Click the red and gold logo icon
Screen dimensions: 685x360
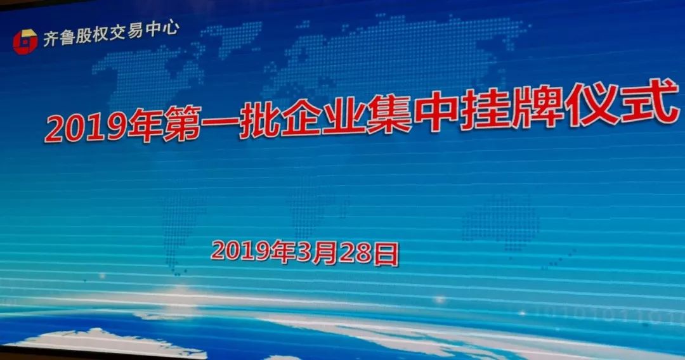[x=25, y=42]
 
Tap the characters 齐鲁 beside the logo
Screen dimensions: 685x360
[x=59, y=38]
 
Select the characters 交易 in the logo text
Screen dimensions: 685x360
[x=126, y=32]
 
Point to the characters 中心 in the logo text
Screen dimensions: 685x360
[x=162, y=29]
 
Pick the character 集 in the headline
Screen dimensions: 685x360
[x=389, y=112]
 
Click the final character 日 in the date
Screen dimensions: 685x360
[x=386, y=255]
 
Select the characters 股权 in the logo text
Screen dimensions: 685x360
[x=92, y=35]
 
